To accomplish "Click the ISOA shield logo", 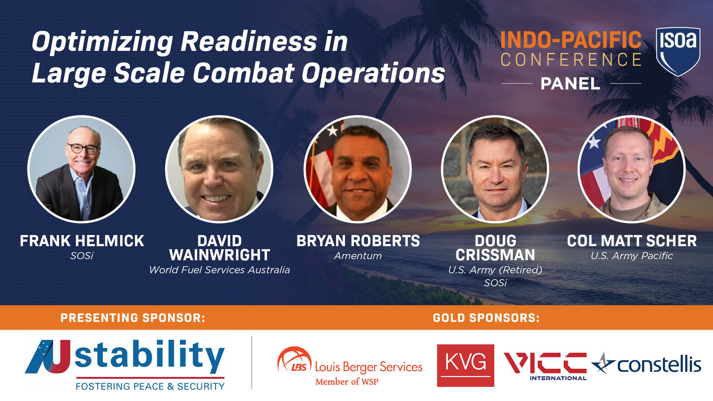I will click(678, 51).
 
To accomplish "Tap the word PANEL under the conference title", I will click(570, 84).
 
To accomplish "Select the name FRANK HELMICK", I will click(82, 241).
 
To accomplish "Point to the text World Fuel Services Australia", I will click(219, 270).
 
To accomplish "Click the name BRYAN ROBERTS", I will click(358, 241).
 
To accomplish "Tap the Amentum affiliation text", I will click(358, 256).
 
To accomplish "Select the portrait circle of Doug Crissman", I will click(495, 169).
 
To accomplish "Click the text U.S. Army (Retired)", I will click(495, 270).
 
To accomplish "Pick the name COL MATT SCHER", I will click(632, 241).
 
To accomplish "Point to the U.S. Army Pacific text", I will click(632, 256).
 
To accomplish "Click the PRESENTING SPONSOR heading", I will click(133, 318).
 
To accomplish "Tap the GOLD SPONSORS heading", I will click(486, 318).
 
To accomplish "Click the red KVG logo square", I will click(465, 365).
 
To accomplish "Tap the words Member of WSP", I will click(347, 382).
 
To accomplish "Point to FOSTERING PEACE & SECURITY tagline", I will click(150, 387).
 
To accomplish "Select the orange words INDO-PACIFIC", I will click(571, 40).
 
